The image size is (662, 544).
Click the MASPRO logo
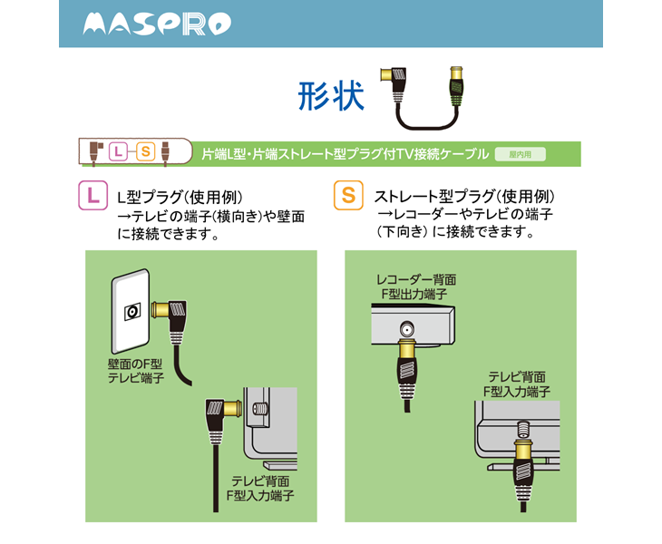(155, 24)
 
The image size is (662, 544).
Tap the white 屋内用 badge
(520, 154)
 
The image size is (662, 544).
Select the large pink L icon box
(93, 195)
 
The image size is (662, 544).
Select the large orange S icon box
(346, 195)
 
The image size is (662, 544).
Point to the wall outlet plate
(131, 313)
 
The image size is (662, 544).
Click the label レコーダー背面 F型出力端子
(416, 287)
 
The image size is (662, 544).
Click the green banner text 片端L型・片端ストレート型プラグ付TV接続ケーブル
(345, 154)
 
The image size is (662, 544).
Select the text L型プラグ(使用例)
(180, 197)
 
